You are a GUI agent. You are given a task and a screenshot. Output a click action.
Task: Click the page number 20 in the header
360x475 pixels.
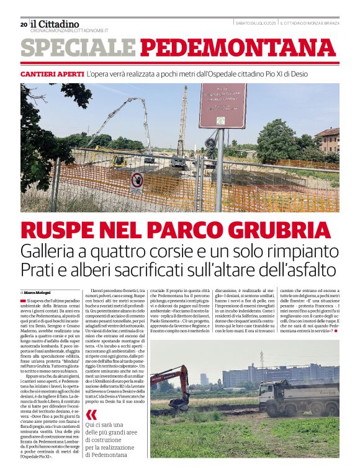click(x=24, y=24)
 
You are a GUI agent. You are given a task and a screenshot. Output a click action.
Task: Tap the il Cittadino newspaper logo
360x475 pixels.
click(x=55, y=24)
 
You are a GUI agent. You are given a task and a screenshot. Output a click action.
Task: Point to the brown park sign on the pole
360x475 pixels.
click(x=222, y=106)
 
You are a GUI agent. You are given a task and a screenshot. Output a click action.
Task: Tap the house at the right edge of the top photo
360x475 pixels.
click(x=327, y=140)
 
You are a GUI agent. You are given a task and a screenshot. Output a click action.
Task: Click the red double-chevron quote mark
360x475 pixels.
click(x=91, y=414)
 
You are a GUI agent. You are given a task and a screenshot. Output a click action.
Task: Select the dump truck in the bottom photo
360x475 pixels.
click(x=299, y=397)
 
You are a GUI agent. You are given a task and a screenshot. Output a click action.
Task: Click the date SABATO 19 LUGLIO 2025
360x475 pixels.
click(x=255, y=24)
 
